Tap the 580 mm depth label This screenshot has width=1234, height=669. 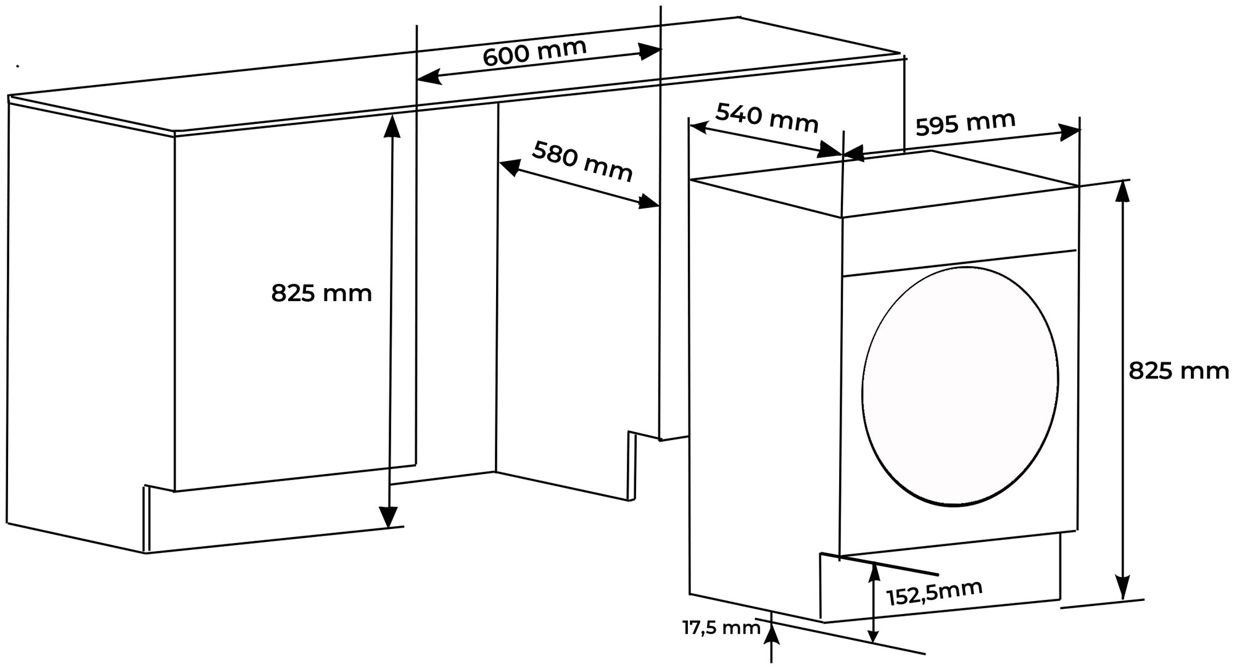coord(582,161)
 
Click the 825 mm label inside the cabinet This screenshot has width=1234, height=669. coord(321,293)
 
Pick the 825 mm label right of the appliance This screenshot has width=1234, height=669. coord(1178,371)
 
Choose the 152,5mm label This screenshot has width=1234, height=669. coord(934,593)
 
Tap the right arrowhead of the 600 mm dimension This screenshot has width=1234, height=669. coord(650,51)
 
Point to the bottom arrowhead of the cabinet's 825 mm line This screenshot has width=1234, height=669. coord(387,517)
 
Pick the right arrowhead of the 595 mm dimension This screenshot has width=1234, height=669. coord(1070,131)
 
